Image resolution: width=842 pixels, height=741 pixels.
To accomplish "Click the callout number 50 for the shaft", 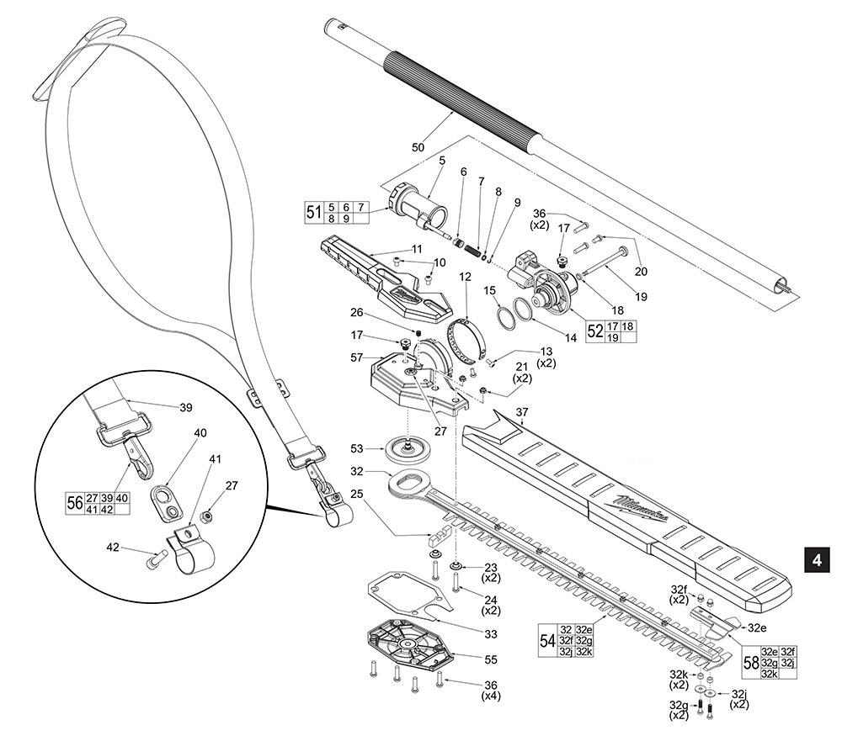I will click(x=418, y=148).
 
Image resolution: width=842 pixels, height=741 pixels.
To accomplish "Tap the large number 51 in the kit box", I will click(x=313, y=212).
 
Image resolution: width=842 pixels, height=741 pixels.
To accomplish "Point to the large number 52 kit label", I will click(x=594, y=331).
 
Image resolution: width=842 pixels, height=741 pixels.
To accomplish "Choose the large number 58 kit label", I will click(x=749, y=662).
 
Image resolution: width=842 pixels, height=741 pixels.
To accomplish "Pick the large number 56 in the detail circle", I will click(x=74, y=503).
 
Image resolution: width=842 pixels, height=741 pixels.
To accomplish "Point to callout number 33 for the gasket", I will click(x=465, y=633).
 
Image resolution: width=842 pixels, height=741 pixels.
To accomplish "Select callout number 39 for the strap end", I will click(x=186, y=406).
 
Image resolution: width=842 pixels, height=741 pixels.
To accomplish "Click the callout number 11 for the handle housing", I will click(x=416, y=249).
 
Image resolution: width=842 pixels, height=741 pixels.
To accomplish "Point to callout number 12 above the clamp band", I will click(x=465, y=277).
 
